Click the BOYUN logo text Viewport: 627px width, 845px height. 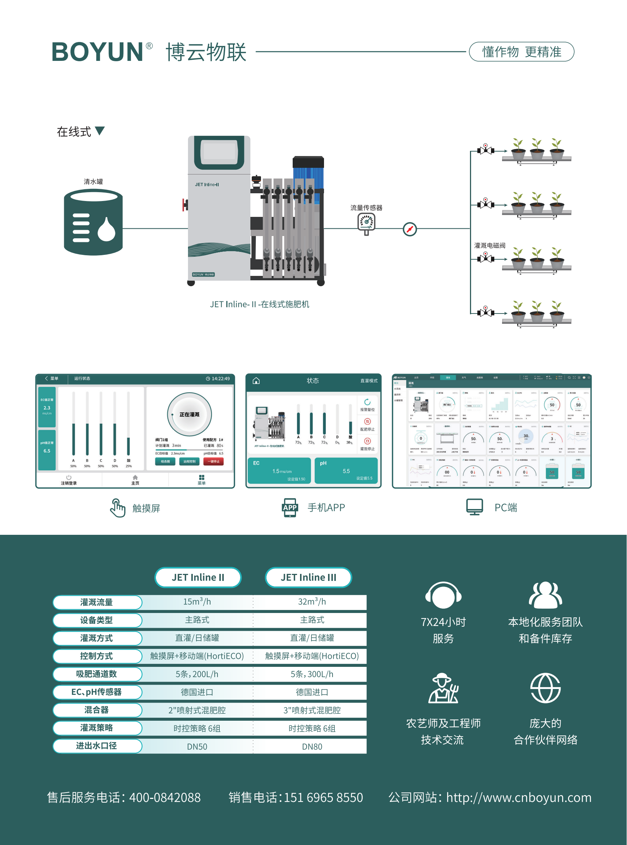(98, 52)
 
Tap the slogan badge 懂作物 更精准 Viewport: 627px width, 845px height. (521, 52)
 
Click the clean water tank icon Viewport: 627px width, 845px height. (93, 222)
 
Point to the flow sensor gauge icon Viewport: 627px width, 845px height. (366, 223)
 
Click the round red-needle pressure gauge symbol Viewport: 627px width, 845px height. (410, 229)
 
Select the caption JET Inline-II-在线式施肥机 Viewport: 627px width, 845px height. (259, 304)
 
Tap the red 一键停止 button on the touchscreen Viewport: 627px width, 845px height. (213, 461)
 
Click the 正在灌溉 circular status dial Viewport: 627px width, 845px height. (189, 414)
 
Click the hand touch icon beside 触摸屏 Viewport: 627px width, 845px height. (117, 508)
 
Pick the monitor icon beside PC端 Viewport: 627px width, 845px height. (474, 507)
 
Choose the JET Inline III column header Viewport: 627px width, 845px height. (308, 577)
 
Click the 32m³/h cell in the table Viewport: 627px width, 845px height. (311, 602)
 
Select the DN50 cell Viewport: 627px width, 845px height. (197, 747)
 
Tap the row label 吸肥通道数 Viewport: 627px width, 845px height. (97, 674)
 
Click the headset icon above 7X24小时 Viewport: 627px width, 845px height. (443, 595)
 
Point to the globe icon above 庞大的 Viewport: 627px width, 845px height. (545, 688)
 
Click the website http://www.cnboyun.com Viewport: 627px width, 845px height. (519, 797)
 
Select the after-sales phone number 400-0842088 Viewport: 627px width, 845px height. (165, 797)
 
